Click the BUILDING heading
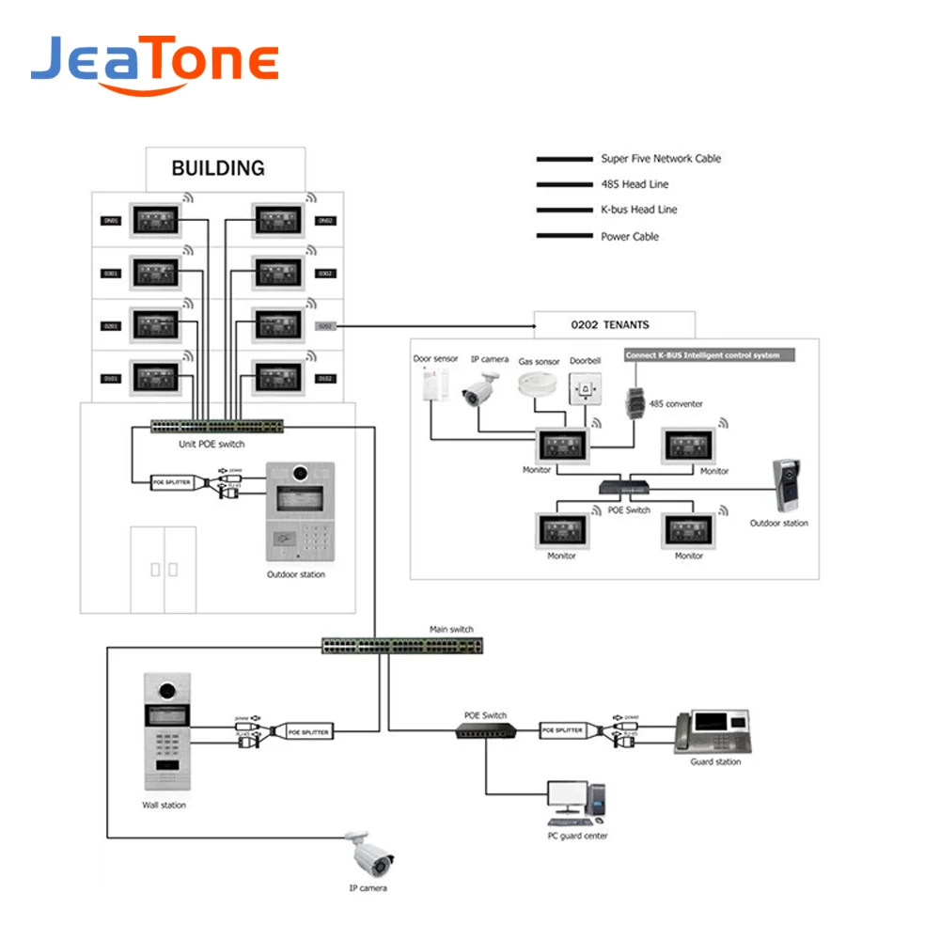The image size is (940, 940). point(218,169)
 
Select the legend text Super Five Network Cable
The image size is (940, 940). point(661,159)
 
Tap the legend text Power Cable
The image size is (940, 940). point(630,237)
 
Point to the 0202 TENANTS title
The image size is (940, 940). point(610,325)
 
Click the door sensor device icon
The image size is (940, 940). point(433,388)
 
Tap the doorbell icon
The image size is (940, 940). point(586,387)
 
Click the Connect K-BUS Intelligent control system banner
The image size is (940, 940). point(709,355)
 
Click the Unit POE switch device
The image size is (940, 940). point(216,427)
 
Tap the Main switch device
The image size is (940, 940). point(403,646)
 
